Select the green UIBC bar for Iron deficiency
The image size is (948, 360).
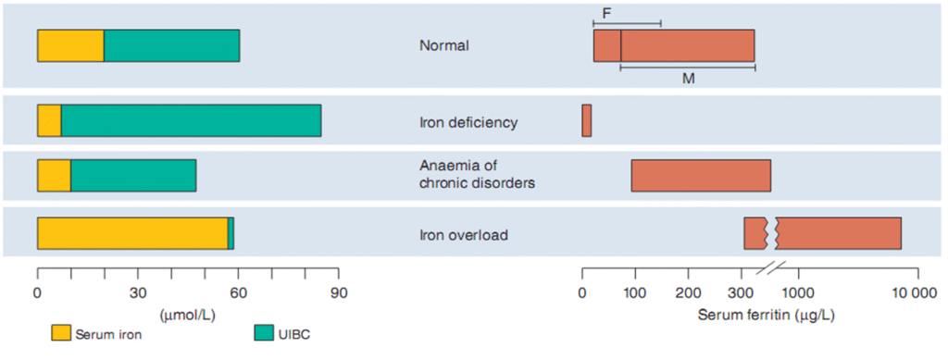[x=191, y=120]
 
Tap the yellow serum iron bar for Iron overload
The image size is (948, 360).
[x=132, y=233]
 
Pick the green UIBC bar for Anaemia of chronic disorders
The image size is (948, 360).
[x=133, y=175]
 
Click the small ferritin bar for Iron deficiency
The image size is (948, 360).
[x=586, y=120]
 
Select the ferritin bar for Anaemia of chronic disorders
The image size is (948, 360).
[x=701, y=175]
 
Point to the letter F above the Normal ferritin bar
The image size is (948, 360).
[x=606, y=13]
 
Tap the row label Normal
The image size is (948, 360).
[x=444, y=45]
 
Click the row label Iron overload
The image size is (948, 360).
[x=463, y=234]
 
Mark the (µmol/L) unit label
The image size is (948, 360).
[x=188, y=316]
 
